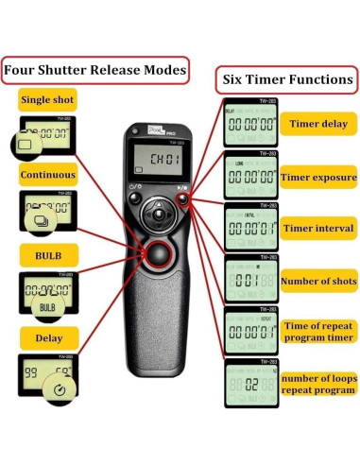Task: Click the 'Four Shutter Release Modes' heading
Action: click(x=94, y=70)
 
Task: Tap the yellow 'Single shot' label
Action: click(x=47, y=99)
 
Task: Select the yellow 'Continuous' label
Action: click(x=48, y=175)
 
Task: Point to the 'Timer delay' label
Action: click(x=317, y=124)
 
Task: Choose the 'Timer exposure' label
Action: click(x=317, y=177)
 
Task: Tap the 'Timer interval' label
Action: click(x=317, y=228)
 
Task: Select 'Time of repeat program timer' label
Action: click(x=318, y=331)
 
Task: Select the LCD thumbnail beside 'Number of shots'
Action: click(x=250, y=281)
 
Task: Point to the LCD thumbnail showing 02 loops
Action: click(x=250, y=385)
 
